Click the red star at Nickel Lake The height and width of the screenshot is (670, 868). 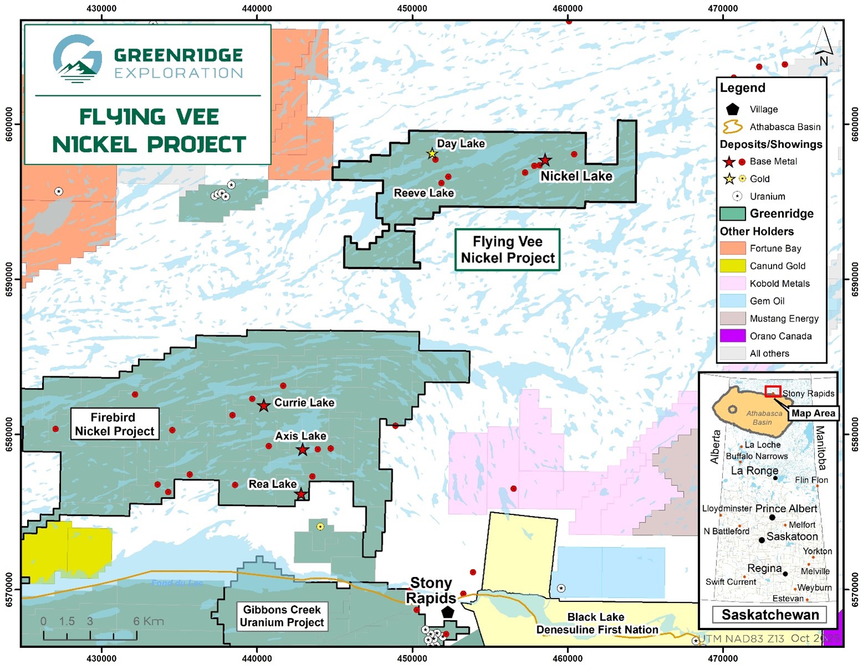coord(545,160)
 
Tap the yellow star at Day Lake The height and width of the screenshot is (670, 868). coord(432,154)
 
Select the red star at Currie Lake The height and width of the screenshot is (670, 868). coord(264,406)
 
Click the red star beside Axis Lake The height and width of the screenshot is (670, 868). coord(302,450)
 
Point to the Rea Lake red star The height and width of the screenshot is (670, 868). coord(301,494)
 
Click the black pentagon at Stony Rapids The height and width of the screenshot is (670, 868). coord(448,612)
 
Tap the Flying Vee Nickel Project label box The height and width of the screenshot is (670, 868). coord(507,250)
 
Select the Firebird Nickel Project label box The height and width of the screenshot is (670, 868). coord(114,424)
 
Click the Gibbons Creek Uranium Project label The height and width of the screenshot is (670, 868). coord(282,616)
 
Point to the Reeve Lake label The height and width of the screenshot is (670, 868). coord(424,193)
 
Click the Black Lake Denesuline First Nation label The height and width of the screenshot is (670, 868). coord(597,623)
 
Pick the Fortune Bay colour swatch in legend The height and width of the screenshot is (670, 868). coord(732,248)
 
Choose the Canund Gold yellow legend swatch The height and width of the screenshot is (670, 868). coord(732,266)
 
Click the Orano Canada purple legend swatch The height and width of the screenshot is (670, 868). coord(732,336)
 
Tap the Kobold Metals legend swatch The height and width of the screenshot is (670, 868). coord(732,283)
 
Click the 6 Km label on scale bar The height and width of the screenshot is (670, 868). coord(148,621)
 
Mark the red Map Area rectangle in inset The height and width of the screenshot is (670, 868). coord(773,391)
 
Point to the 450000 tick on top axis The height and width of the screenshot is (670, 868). coord(412,8)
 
